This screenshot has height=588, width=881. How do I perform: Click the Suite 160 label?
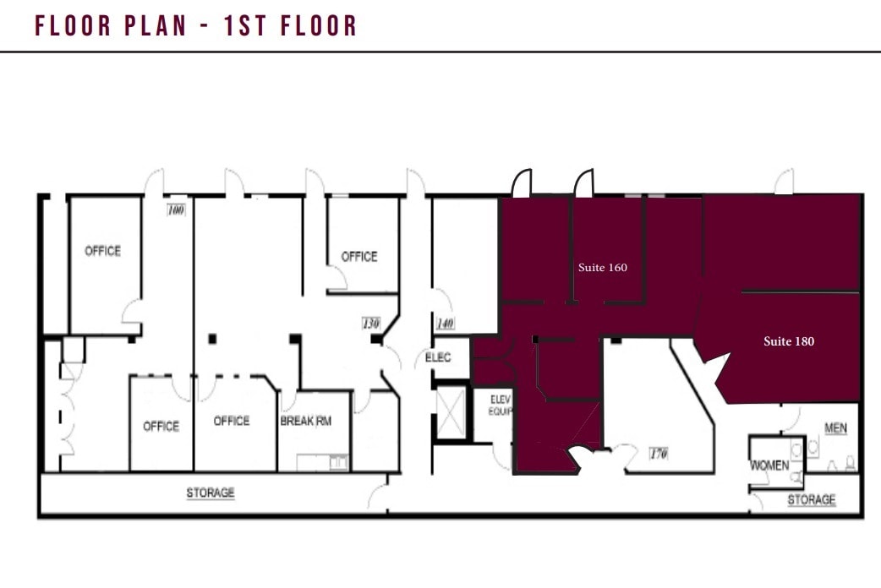pos(603,268)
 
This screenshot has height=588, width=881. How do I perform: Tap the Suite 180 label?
pos(789,342)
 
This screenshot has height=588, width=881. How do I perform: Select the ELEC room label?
pos(438,358)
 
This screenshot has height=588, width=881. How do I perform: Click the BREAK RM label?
pos(305,421)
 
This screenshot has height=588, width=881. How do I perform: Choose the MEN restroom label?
pos(835,428)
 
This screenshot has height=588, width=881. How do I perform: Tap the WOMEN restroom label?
pos(769,465)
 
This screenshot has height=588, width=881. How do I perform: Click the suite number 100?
pos(176,210)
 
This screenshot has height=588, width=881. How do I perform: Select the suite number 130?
pos(370,323)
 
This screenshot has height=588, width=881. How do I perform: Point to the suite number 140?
pos(446,323)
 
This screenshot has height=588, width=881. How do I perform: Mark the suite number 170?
pos(659,454)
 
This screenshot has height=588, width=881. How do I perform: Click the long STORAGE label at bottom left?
pos(211,493)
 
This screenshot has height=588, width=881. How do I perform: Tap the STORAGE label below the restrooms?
pos(812,499)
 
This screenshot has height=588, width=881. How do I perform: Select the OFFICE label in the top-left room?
pos(102,251)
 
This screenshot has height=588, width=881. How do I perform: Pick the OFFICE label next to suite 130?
pos(358,256)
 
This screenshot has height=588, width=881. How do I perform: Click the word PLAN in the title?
pos(152,26)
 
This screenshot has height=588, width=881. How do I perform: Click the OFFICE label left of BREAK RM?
pos(231,421)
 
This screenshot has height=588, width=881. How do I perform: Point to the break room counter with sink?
pos(322,462)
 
